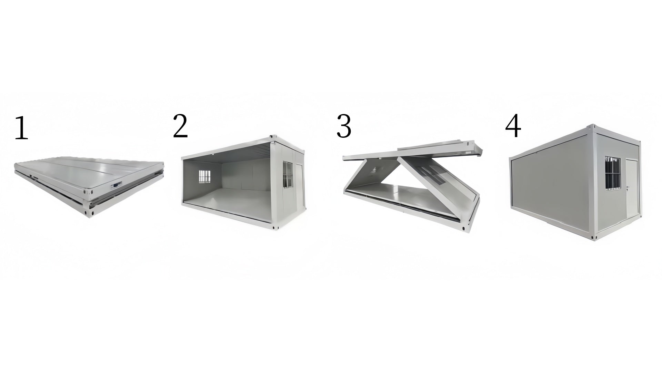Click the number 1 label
click(21, 128)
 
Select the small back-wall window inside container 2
click(204, 176)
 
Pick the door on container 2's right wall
click(299, 184)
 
